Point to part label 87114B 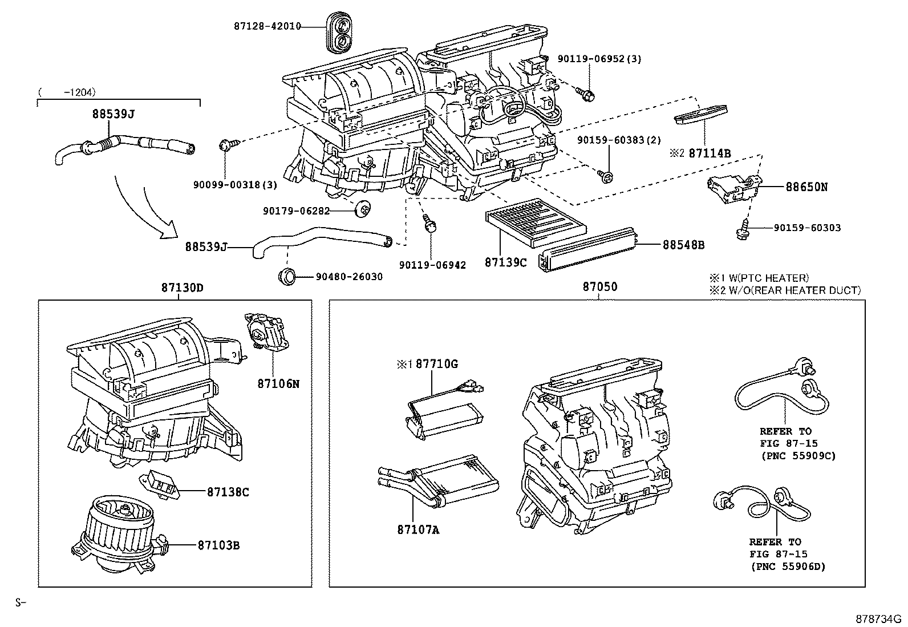[710, 153]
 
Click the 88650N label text [806, 186]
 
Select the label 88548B [683, 245]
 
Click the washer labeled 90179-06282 [361, 210]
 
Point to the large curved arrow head [170, 232]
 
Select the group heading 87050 [599, 287]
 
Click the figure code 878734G [877, 619]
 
